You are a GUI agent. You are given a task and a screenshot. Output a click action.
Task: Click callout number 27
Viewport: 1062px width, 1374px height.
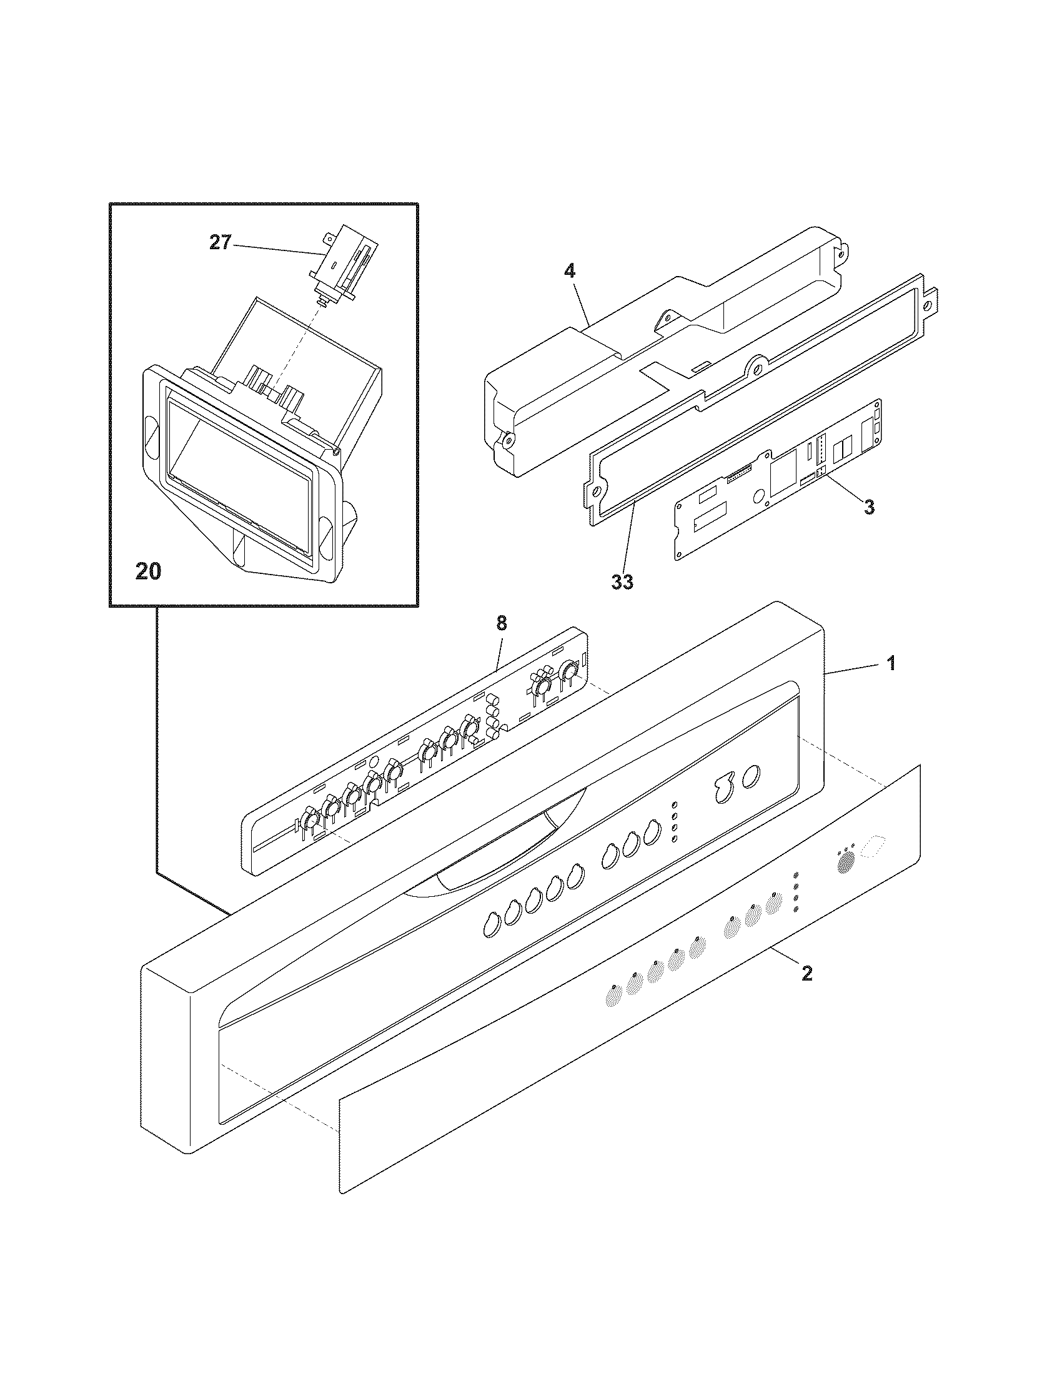pyautogui.click(x=220, y=243)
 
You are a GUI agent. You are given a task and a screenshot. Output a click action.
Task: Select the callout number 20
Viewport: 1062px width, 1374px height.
pyautogui.click(x=147, y=571)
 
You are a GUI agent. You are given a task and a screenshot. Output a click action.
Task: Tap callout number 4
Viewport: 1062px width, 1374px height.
pyautogui.click(x=568, y=272)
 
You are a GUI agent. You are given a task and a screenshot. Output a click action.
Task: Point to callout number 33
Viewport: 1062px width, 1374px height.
pyautogui.click(x=622, y=583)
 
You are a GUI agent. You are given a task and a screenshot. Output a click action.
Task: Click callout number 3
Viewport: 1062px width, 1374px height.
pyautogui.click(x=869, y=508)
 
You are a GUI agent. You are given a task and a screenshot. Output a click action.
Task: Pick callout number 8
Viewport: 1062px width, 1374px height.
pyautogui.click(x=501, y=623)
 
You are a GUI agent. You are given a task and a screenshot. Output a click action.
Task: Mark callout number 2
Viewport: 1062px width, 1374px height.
pyautogui.click(x=807, y=974)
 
